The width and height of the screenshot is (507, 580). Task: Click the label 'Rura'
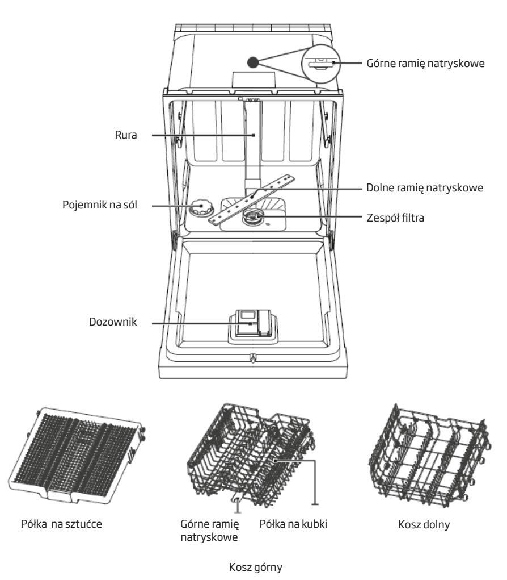tap(126, 135)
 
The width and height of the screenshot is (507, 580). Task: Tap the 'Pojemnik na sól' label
tap(100, 205)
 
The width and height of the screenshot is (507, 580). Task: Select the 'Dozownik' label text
tap(113, 322)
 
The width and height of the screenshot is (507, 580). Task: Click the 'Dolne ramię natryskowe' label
tap(425, 187)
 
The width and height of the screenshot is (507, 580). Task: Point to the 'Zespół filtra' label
tap(395, 218)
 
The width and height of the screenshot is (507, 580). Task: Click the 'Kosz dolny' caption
tap(424, 524)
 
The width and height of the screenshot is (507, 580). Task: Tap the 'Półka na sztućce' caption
tap(61, 524)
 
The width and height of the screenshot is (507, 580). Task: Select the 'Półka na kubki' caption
tap(293, 524)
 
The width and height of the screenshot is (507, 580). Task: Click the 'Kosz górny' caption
tap(256, 567)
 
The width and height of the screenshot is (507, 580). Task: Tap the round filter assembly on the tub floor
tap(252, 217)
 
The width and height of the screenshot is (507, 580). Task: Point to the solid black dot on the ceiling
tap(253, 62)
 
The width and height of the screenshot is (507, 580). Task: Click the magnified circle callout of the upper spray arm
tap(321, 63)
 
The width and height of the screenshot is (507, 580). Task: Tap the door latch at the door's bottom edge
tap(253, 358)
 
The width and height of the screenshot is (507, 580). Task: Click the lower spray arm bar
tap(252, 199)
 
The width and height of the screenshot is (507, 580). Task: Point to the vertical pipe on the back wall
tap(252, 145)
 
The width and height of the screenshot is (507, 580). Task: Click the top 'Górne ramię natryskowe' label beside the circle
tap(425, 63)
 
